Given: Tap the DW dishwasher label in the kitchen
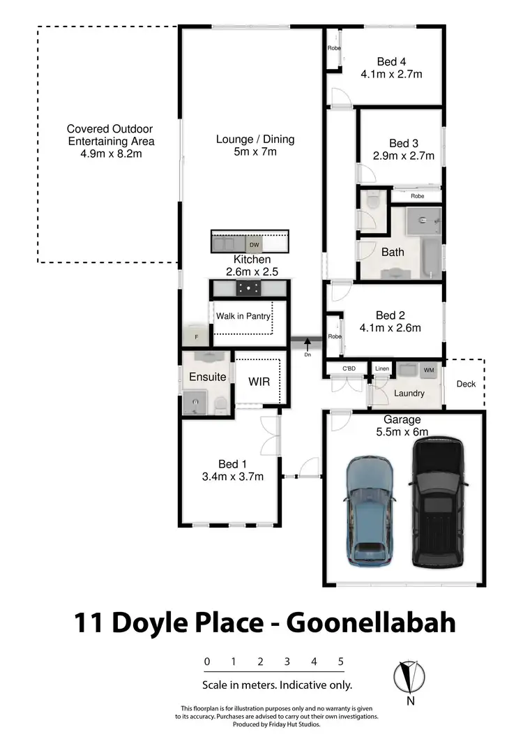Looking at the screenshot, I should (255, 246).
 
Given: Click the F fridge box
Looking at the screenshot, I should (196, 337).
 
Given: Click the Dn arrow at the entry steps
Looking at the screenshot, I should (307, 344).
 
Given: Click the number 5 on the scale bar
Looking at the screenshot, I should (341, 662).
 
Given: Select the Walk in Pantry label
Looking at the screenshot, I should (243, 316).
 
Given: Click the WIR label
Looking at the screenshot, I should (259, 382).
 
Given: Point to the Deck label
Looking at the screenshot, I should (466, 384).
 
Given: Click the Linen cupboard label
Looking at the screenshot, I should (382, 368).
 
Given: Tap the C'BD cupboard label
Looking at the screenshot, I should (349, 368).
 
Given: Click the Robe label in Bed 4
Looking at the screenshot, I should (334, 48).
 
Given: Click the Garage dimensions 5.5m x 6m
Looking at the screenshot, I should (402, 432).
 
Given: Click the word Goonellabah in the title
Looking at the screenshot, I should (371, 622).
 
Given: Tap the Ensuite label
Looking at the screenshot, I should (208, 377).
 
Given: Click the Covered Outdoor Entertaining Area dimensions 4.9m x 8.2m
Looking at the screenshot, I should (111, 153).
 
